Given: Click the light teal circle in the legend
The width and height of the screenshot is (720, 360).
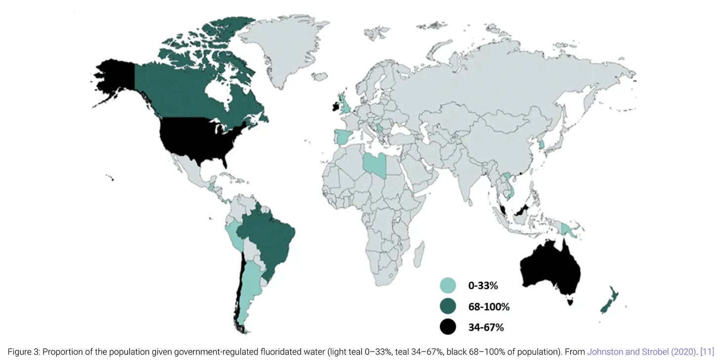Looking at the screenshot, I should point(448,285).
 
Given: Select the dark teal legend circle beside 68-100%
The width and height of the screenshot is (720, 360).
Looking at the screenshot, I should point(448,306).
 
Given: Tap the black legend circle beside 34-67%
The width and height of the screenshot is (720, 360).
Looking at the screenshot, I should point(448,327).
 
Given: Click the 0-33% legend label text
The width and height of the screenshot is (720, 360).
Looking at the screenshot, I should point(483,285).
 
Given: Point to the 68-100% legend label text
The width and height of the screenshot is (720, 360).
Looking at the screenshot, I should point(489,307).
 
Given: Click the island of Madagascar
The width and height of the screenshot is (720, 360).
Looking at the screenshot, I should point(418,252).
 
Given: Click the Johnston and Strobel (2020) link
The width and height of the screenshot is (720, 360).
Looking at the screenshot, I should point(640,352).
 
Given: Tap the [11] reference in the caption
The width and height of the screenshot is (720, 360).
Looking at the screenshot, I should point(708,352).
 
